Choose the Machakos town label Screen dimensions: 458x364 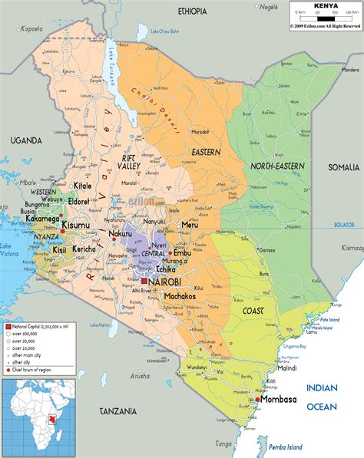(184, 297)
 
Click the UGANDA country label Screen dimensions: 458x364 (25, 140)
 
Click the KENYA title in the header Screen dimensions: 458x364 (325, 5)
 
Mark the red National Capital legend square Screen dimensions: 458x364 (8, 327)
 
